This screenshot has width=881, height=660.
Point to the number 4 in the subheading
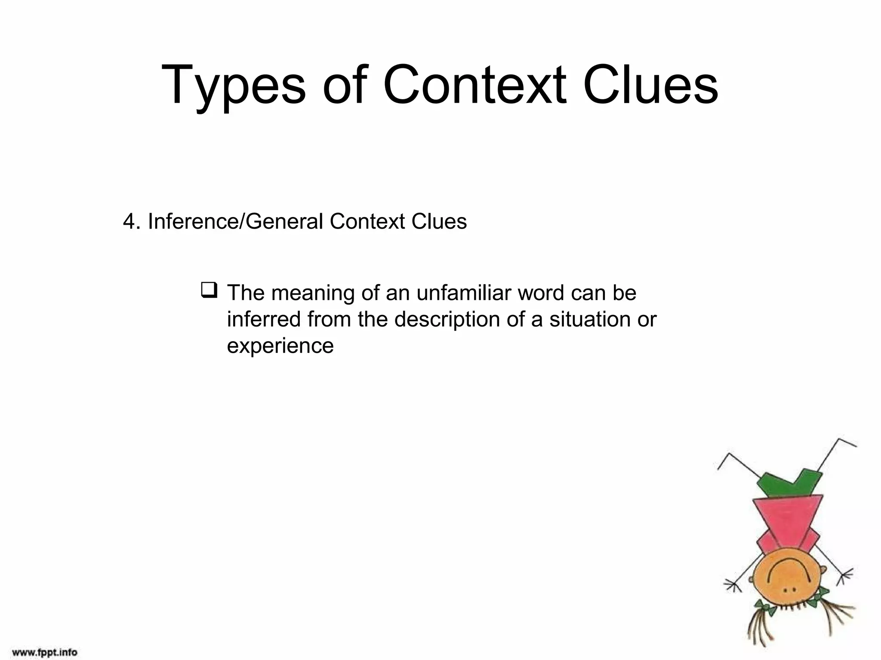pyautogui.click(x=129, y=222)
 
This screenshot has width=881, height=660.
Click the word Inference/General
pyautogui.click(x=235, y=222)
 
